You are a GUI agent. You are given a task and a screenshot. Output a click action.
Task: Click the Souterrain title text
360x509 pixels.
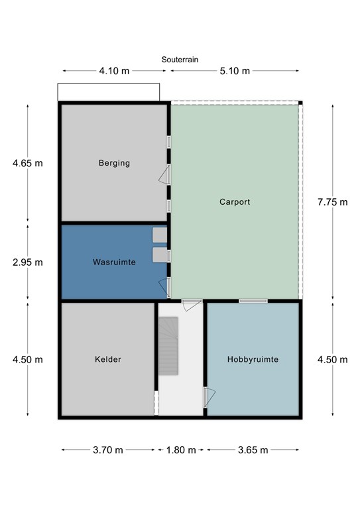(180, 60)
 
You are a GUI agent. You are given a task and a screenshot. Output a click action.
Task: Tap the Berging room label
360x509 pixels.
(114, 163)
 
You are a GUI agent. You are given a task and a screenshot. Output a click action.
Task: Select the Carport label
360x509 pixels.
(235, 202)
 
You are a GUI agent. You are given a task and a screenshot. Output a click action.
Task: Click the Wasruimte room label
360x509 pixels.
(114, 262)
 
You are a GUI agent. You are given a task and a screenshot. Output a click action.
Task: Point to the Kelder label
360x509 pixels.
(108, 359)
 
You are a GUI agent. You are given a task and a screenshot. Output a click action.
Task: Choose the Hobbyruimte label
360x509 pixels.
(253, 359)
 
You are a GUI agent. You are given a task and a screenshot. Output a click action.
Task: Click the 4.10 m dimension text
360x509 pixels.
(114, 71)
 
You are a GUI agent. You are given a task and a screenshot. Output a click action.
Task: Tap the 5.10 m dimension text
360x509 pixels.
(235, 71)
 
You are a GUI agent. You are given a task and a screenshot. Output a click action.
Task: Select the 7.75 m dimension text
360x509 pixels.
(332, 202)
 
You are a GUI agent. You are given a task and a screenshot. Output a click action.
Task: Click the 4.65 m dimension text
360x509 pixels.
(28, 163)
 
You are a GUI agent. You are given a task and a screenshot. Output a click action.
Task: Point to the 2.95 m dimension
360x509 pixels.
(28, 262)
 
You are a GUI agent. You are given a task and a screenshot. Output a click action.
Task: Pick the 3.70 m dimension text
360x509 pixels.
(108, 450)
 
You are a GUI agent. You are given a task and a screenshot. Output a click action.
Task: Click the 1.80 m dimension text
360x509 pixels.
(181, 450)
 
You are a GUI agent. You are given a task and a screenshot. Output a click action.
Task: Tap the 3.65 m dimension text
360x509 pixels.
(253, 450)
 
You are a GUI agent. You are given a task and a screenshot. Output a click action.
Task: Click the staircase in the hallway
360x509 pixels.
(168, 346)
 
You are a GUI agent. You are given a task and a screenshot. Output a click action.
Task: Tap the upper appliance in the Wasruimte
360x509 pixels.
(160, 235)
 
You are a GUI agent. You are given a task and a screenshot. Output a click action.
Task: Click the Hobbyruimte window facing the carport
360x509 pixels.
(253, 302)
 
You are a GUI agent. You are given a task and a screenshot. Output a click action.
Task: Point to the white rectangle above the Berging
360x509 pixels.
(109, 92)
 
